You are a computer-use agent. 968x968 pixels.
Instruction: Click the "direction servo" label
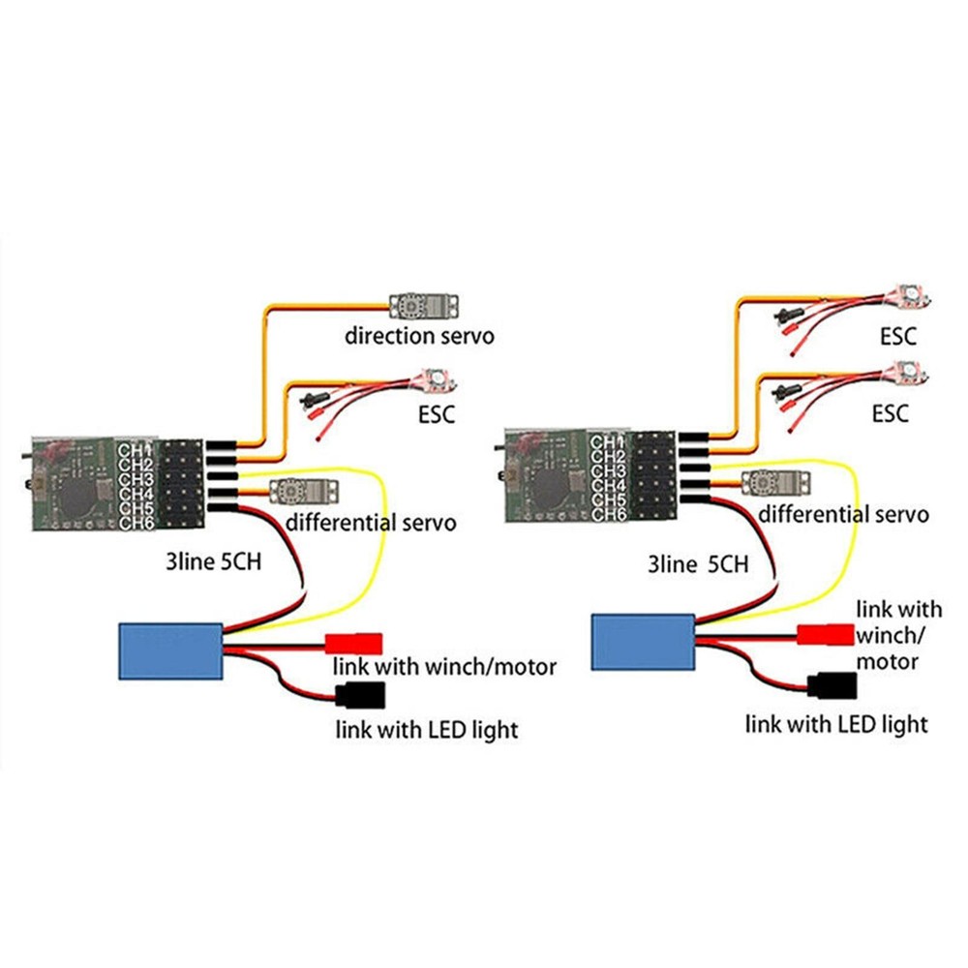[x=420, y=337]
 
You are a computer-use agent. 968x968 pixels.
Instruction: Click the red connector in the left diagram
[x=353, y=643]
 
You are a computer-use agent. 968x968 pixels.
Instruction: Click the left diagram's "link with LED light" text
[x=426, y=729]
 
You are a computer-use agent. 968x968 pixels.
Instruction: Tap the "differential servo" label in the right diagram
[x=842, y=513]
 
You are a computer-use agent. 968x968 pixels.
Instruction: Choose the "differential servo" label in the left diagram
[x=372, y=523]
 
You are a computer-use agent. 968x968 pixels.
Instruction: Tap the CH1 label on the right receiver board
[x=606, y=441]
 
